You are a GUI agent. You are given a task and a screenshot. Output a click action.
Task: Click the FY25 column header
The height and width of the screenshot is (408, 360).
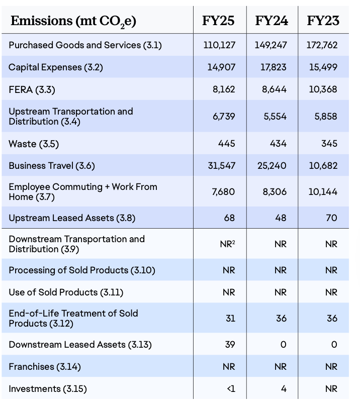[x=218, y=21]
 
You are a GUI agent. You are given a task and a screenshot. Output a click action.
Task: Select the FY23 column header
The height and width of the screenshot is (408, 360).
[x=323, y=21]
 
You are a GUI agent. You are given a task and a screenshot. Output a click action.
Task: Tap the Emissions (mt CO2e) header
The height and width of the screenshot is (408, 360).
[x=73, y=21]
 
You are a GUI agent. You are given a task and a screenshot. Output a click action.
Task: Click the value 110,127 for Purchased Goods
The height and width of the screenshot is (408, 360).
[x=219, y=45]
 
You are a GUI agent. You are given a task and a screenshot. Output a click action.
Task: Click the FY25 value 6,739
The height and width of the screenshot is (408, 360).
[x=224, y=117]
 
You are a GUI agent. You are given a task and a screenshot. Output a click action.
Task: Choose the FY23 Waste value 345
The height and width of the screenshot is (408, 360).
[x=329, y=144]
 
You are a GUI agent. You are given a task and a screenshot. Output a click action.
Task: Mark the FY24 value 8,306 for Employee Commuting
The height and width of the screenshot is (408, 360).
[x=275, y=192]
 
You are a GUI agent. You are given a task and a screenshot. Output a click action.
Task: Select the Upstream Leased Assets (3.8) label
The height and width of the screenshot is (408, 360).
[x=72, y=218]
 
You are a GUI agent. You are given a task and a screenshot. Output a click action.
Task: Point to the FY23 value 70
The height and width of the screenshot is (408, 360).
[x=331, y=218]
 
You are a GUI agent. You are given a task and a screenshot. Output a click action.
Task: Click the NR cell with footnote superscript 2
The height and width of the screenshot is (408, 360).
[x=228, y=244]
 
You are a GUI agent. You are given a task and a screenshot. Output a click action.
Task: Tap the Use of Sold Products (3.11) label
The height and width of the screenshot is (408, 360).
[x=66, y=292]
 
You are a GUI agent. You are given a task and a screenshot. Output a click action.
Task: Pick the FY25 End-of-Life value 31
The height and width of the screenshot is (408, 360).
[x=230, y=319]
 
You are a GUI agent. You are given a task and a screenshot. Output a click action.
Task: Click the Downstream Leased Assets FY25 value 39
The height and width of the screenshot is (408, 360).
[x=230, y=345]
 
